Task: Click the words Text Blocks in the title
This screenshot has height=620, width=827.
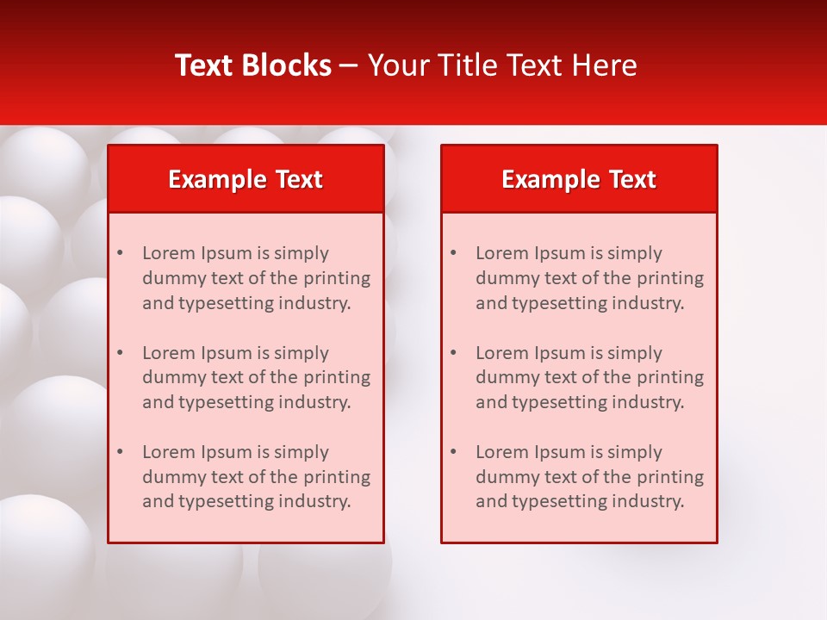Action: click(x=253, y=65)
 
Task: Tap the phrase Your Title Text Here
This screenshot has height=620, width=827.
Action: click(x=502, y=65)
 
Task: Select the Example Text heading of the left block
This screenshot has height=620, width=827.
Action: click(x=246, y=179)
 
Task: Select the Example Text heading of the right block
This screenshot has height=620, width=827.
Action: click(x=579, y=179)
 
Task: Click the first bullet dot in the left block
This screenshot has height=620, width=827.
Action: click(x=120, y=253)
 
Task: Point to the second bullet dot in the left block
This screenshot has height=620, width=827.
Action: click(x=120, y=353)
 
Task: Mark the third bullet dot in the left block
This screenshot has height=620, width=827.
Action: click(x=120, y=452)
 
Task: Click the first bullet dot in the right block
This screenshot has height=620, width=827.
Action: click(x=453, y=253)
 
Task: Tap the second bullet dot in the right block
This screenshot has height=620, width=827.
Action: click(x=453, y=353)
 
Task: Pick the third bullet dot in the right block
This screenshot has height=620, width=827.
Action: click(x=453, y=452)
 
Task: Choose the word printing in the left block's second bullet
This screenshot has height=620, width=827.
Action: click(x=337, y=377)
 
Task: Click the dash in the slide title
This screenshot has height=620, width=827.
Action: click(x=349, y=66)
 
